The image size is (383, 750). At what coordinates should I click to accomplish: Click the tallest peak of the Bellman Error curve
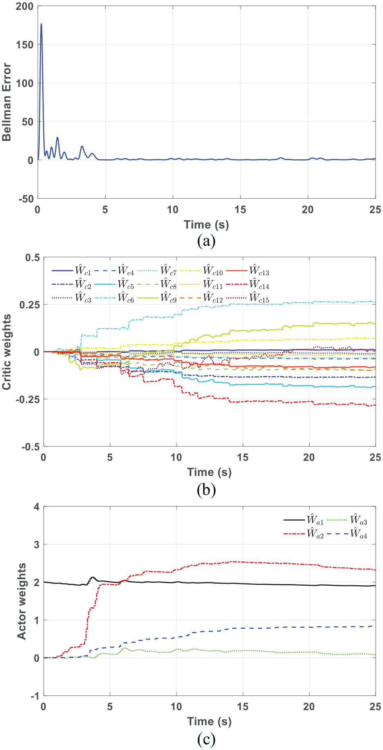41,24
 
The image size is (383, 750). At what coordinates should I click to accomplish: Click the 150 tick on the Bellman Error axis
25,45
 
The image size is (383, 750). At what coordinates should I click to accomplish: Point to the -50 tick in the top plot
26,199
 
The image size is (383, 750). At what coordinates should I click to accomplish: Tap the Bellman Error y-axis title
7,102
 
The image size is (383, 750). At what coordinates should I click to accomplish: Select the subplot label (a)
206,240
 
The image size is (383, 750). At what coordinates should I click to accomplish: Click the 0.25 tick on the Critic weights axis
30,305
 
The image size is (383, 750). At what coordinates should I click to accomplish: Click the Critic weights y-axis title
7,352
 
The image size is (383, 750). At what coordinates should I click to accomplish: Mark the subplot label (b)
206,490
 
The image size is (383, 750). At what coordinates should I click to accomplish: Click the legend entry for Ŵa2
304,533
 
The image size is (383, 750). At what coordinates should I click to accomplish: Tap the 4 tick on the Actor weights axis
37,507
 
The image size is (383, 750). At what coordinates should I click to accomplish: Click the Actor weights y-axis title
21,601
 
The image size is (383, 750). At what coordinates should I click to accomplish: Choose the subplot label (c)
206,739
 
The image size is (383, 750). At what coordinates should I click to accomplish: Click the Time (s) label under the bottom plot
209,721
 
